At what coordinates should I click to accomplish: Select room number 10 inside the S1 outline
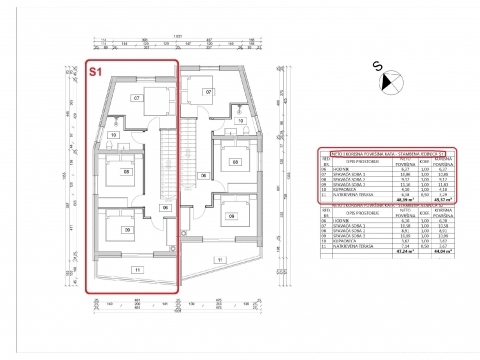pos(113,133)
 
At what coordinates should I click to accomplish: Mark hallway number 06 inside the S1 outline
pos(165,207)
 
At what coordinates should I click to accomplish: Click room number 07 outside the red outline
pos(209,92)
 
